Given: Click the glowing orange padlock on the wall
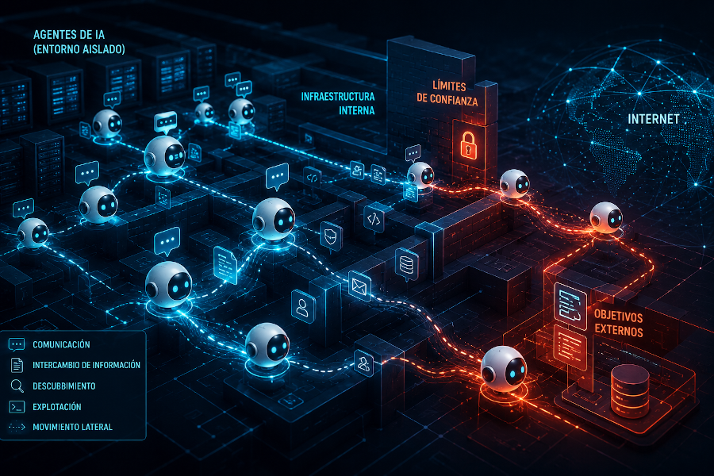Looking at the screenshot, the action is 468,145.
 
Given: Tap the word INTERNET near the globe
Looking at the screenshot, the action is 654,119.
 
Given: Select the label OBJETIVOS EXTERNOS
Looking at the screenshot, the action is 618,324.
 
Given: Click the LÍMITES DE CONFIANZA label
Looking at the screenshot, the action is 447,94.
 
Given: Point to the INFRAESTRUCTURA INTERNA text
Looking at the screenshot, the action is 338,103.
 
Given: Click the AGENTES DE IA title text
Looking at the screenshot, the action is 79,42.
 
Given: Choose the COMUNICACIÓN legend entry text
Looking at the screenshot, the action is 61,344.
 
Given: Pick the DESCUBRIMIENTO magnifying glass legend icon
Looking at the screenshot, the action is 17,386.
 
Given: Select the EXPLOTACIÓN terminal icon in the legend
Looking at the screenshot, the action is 17,407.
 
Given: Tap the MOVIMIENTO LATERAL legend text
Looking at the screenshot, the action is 72,427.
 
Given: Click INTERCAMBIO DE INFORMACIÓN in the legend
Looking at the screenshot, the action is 86,365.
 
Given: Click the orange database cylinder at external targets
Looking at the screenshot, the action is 629,390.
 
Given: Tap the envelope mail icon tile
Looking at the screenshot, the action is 359,286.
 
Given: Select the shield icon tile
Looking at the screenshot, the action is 331,236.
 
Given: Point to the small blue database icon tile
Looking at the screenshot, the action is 407,264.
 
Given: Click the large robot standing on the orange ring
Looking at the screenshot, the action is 504,369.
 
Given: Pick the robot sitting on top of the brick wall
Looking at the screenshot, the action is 515,184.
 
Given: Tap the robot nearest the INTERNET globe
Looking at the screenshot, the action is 606,217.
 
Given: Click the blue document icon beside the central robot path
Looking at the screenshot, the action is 225,265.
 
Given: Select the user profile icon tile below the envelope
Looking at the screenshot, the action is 303,306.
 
